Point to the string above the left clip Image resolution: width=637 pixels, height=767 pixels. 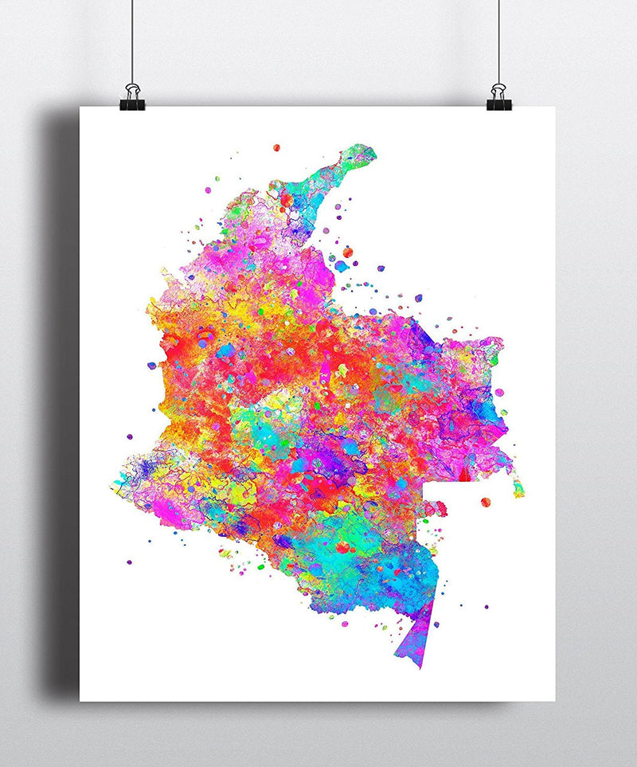(133, 40)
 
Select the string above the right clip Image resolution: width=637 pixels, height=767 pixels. (499, 40)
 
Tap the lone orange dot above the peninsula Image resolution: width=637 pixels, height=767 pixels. (276, 147)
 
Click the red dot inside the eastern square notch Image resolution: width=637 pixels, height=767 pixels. (485, 502)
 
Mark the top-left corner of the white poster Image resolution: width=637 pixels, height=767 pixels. (80, 108)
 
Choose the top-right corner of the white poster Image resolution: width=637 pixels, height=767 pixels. (555, 108)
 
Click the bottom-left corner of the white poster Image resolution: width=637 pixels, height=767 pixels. (80, 701)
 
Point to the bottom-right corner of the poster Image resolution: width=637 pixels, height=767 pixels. (555, 701)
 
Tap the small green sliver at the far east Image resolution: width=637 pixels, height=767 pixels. (519, 487)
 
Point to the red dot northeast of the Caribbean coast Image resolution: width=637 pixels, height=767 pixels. (347, 252)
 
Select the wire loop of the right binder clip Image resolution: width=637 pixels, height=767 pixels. (499, 87)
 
